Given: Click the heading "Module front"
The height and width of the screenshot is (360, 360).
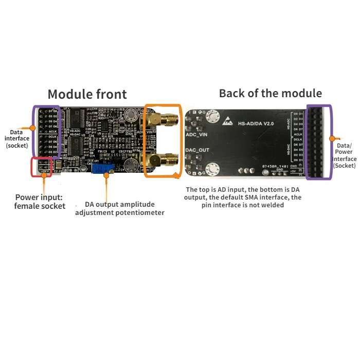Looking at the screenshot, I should click(87, 94).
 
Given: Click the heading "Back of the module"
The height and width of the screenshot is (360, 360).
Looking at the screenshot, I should click(271, 93).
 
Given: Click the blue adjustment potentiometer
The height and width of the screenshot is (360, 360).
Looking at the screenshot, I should click(101, 167).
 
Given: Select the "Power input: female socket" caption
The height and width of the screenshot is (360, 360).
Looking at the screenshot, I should click(40, 201).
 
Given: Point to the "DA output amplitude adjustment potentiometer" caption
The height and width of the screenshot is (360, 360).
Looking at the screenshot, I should click(120, 208).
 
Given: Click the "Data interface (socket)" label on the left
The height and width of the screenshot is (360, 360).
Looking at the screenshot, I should click(17, 138).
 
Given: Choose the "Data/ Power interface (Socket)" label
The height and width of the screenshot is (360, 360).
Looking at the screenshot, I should click(345, 152).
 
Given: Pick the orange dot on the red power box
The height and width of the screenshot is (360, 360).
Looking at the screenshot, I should click(45, 175).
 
